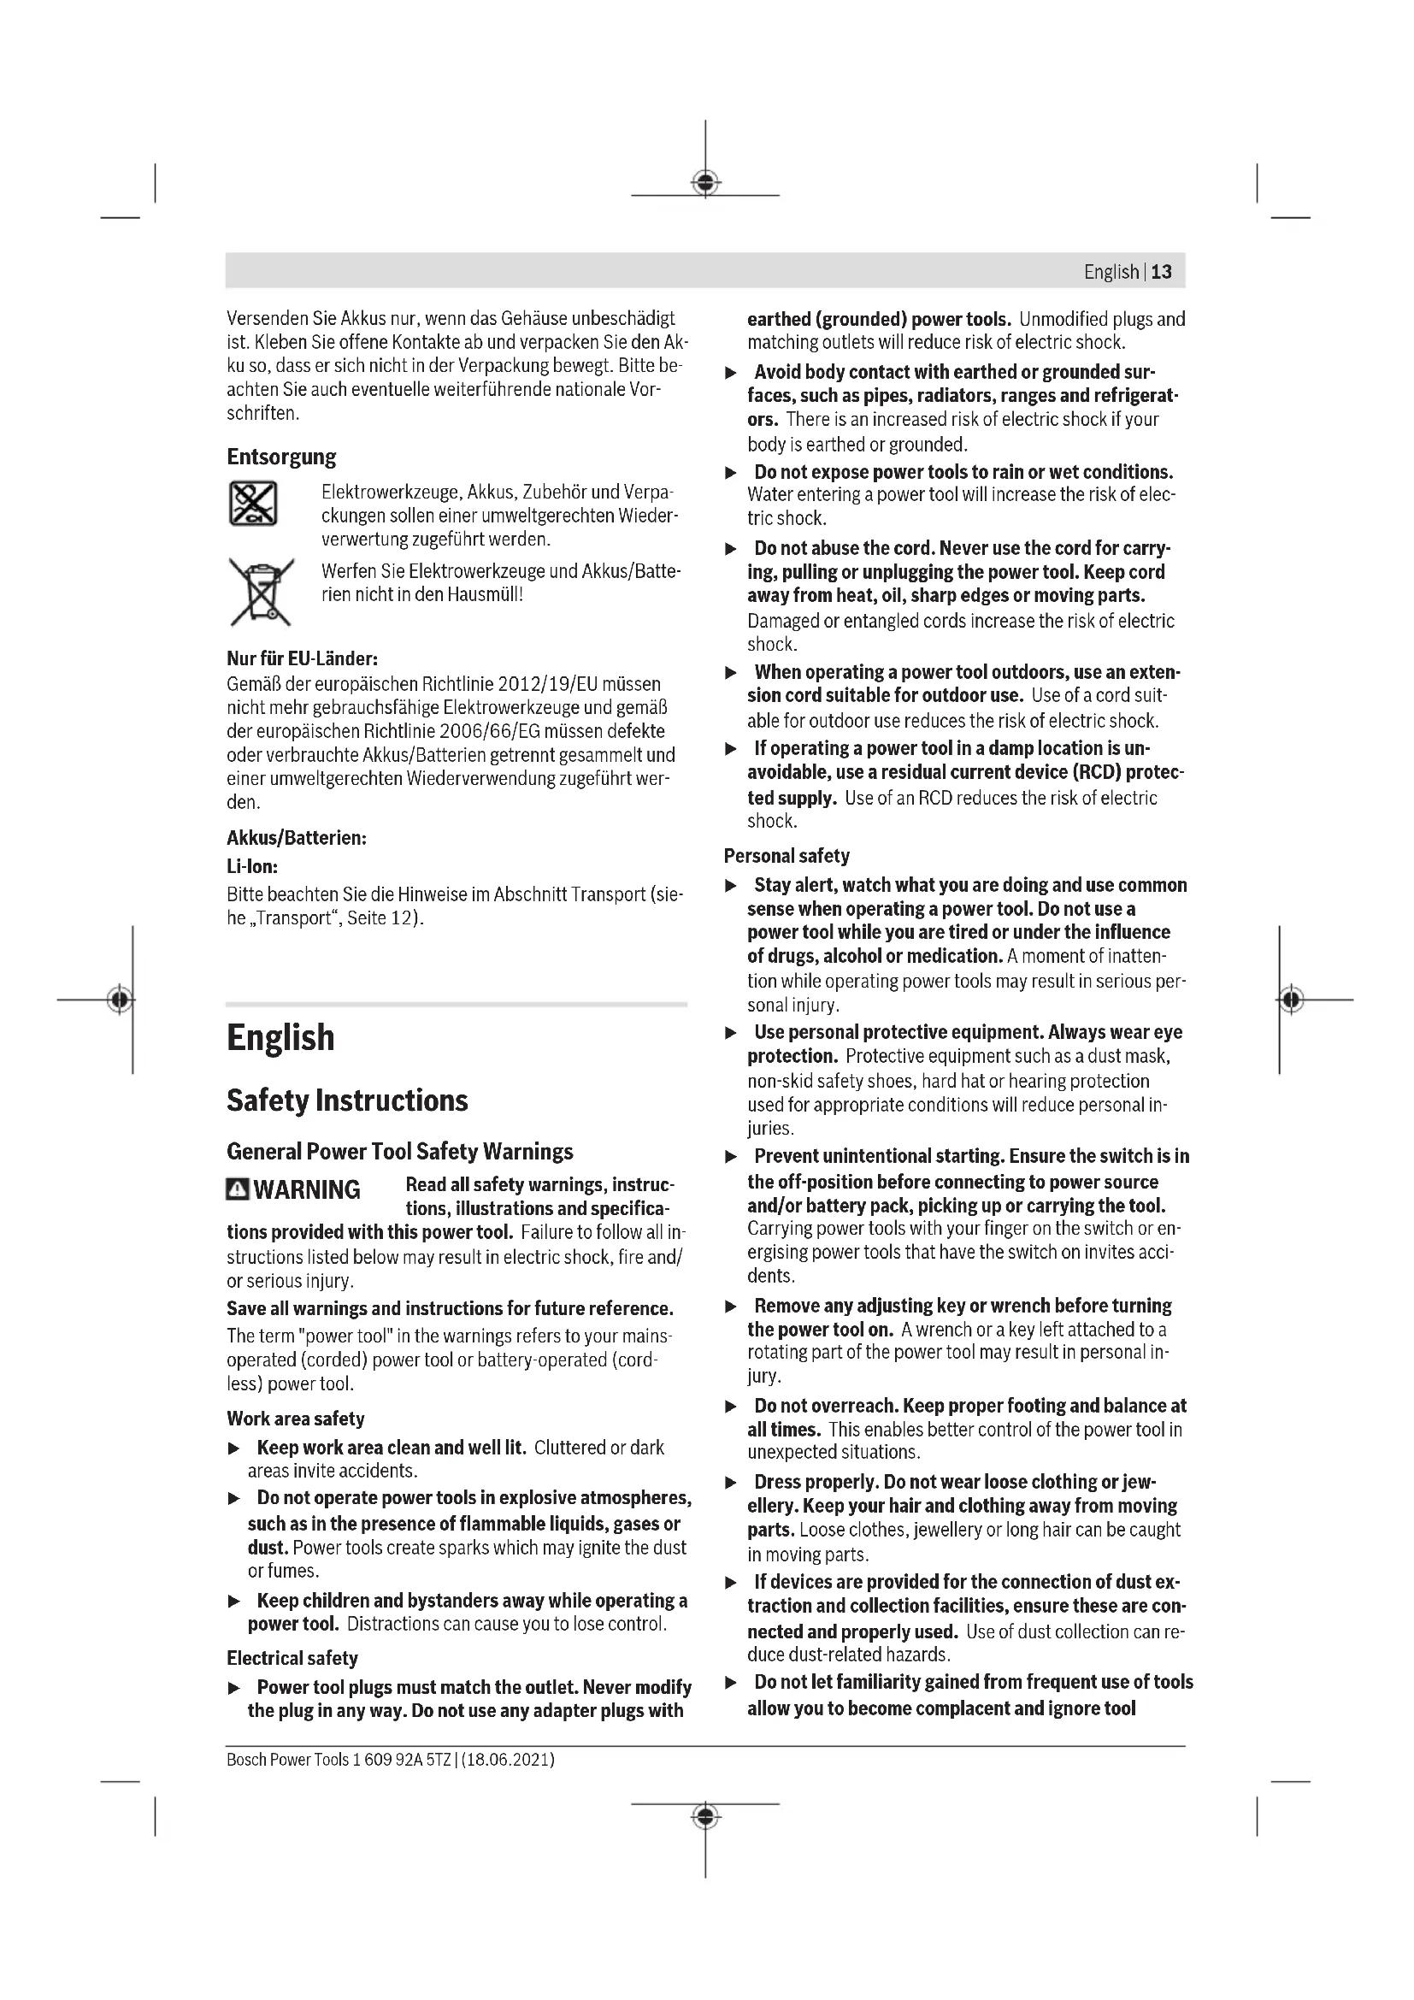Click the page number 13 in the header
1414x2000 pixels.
pyautogui.click(x=1162, y=272)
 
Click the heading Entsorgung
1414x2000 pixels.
pyautogui.click(x=281, y=457)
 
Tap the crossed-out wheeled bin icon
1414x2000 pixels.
pyautogui.click(x=261, y=592)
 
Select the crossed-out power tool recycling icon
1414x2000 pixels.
pyautogui.click(x=252, y=503)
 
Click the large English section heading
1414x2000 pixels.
pyautogui.click(x=280, y=1037)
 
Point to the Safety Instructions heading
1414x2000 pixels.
pyautogui.click(x=346, y=1100)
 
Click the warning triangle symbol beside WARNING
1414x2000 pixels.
pyautogui.click(x=237, y=1189)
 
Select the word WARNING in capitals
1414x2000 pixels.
pyautogui.click(x=307, y=1189)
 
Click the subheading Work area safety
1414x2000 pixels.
pyautogui.click(x=295, y=1418)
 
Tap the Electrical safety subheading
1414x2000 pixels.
pyautogui.click(x=292, y=1658)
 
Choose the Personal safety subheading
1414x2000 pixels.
pyautogui.click(x=787, y=855)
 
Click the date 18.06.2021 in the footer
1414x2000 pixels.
pyautogui.click(x=508, y=1759)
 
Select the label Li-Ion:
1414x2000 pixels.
pyautogui.click(x=252, y=867)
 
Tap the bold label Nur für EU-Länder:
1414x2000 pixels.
pyautogui.click(x=302, y=658)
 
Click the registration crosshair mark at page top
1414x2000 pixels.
pyautogui.click(x=705, y=183)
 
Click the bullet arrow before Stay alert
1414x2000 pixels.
pyautogui.click(x=732, y=886)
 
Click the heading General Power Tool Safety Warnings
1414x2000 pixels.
pyautogui.click(x=399, y=1152)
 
